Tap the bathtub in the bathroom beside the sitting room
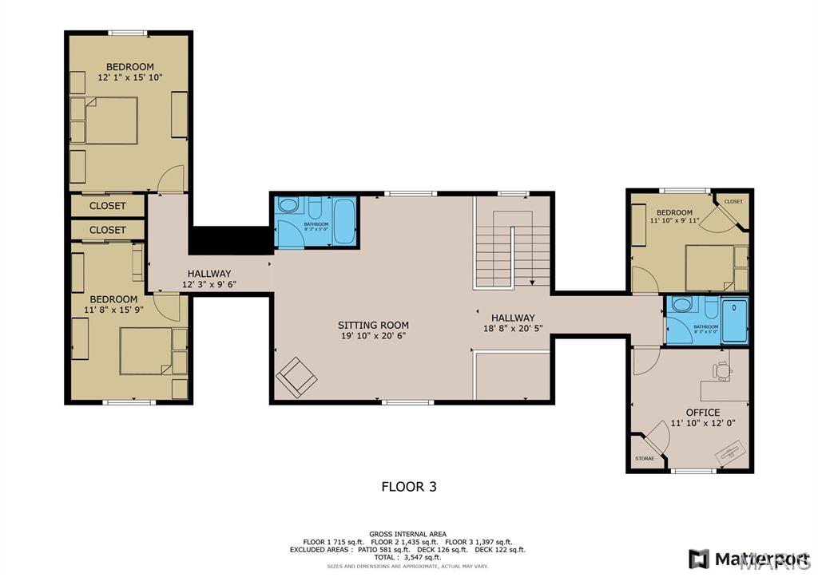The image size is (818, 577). [x=344, y=221]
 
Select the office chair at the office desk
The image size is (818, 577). [x=722, y=370]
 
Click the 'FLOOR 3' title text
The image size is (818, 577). [x=408, y=486]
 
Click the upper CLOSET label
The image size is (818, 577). [x=107, y=206]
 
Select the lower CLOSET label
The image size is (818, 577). [x=107, y=230]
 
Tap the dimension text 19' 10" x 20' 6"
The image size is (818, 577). [x=372, y=337]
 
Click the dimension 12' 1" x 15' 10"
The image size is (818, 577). [x=130, y=78]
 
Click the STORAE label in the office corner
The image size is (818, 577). [x=644, y=459]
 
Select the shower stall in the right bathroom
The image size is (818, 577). [x=734, y=320]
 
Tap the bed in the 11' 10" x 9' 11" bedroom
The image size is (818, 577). [x=710, y=267]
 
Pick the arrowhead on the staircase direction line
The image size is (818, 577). [x=532, y=282]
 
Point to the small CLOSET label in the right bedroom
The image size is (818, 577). [x=733, y=202]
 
